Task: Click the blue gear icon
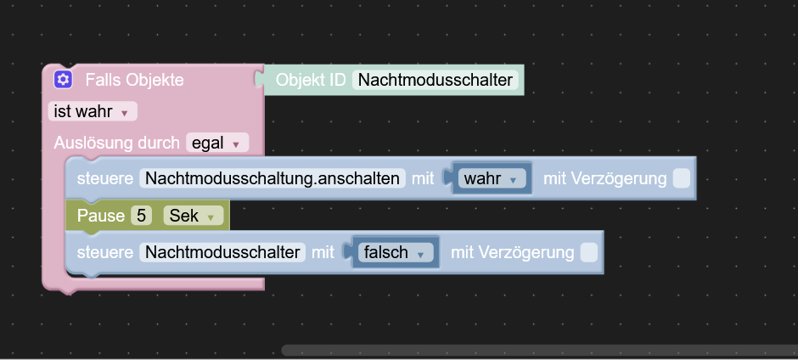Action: [x=62, y=80]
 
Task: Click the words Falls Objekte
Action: [x=134, y=81]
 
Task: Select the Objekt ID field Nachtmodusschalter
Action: [x=436, y=81]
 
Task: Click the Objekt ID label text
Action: [x=310, y=81]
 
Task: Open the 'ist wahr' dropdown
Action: [x=91, y=112]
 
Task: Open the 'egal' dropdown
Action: [x=218, y=143]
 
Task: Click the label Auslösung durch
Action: [x=116, y=143]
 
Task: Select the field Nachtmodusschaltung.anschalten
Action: [x=272, y=179]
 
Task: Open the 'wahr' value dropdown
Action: [x=491, y=179]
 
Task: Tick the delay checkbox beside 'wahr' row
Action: [x=681, y=179]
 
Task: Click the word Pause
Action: [x=100, y=216]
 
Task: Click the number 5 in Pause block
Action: [x=141, y=216]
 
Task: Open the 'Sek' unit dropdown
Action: [x=193, y=216]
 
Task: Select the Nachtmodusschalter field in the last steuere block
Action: [x=222, y=252]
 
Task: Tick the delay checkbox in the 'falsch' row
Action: [x=588, y=252]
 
